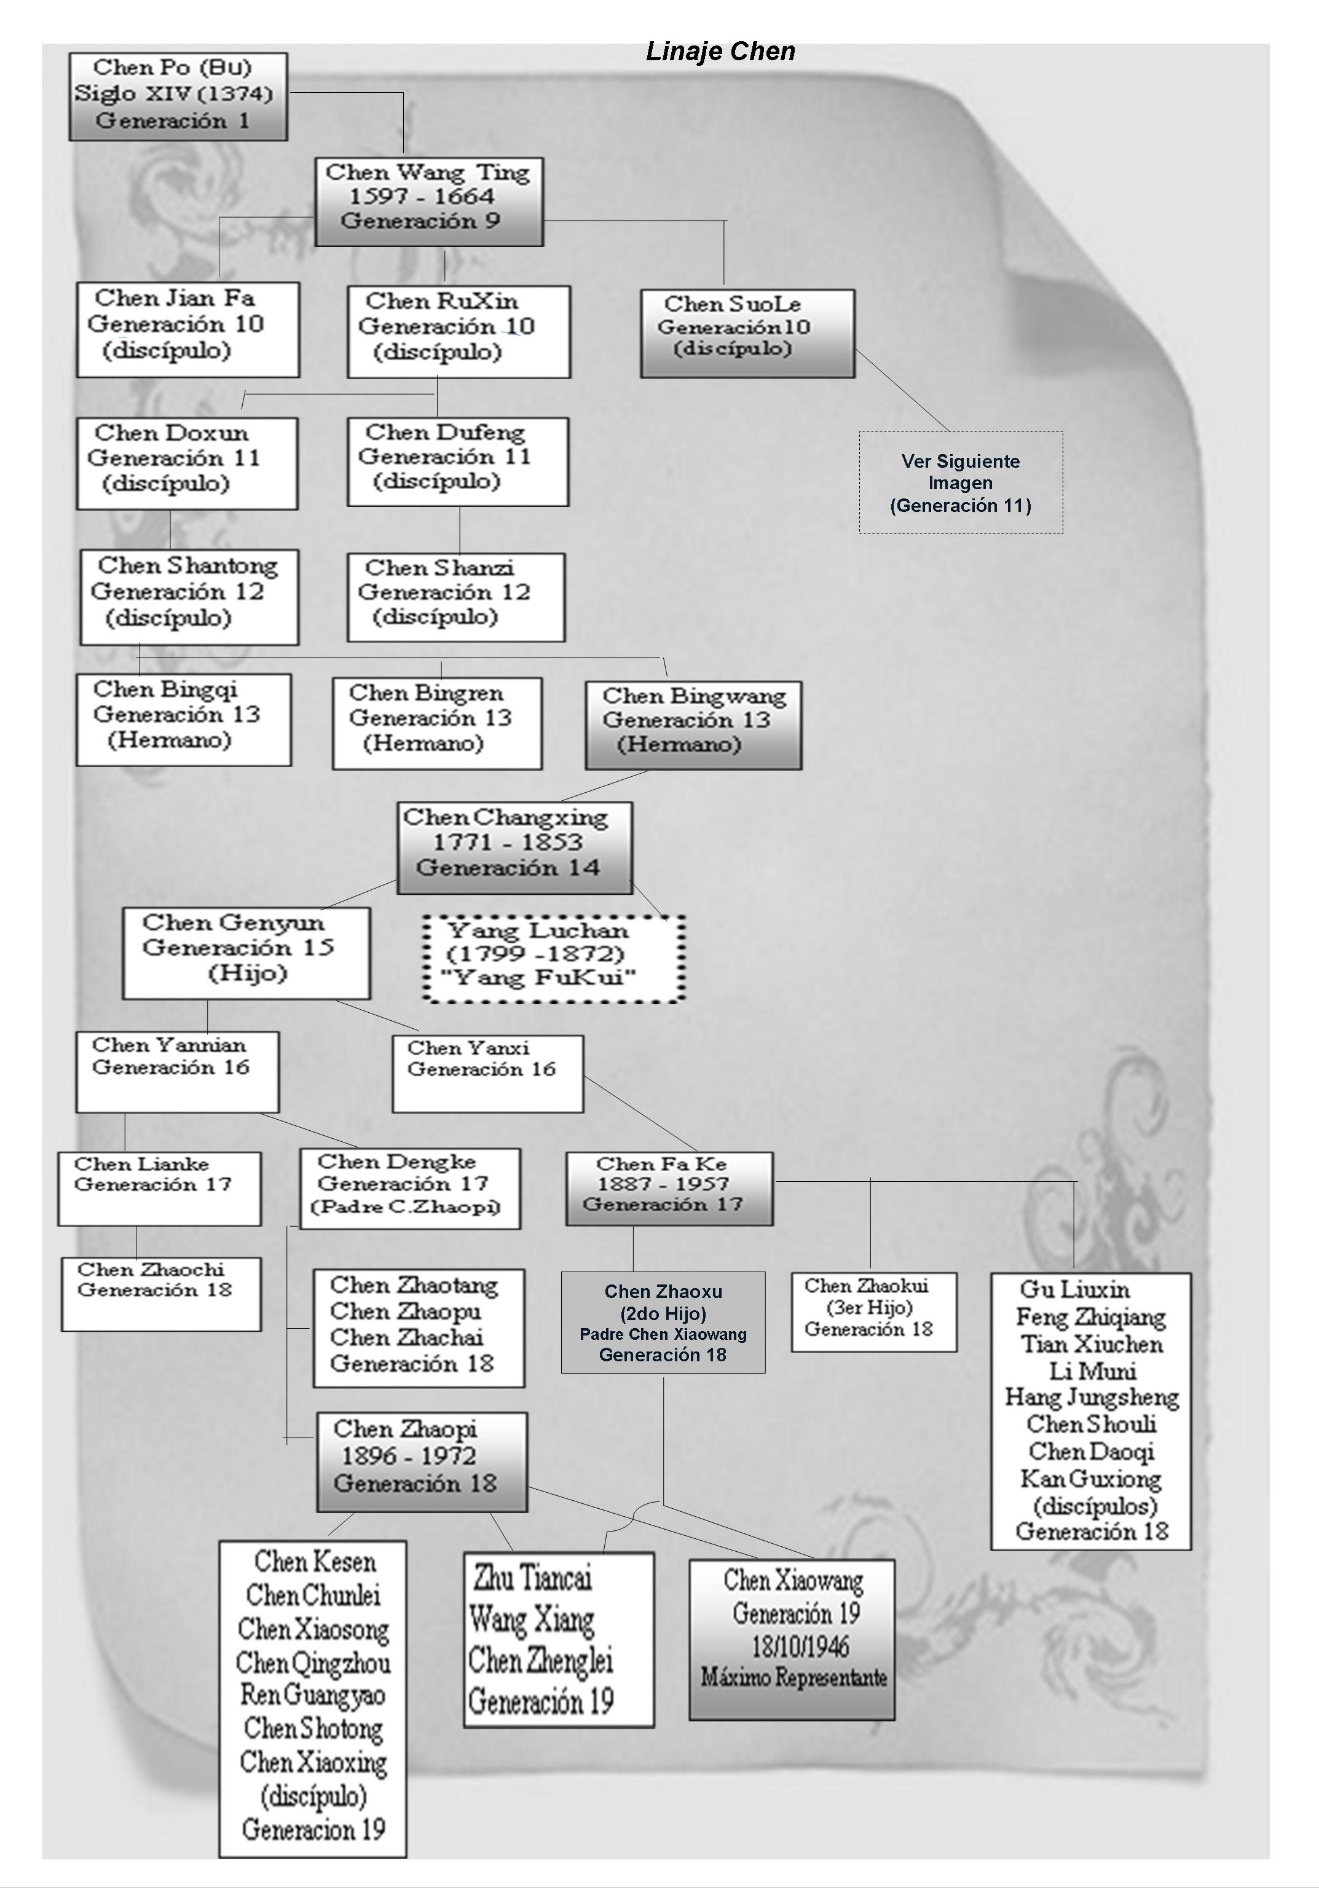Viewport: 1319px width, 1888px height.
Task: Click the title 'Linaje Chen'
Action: point(720,52)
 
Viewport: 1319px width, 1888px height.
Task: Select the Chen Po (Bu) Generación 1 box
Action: point(178,96)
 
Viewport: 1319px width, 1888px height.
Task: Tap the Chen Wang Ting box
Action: point(429,202)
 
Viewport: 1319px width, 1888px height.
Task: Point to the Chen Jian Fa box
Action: point(187,329)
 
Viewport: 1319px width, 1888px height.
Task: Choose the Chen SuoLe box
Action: point(747,333)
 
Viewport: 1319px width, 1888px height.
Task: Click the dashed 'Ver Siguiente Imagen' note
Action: point(961,482)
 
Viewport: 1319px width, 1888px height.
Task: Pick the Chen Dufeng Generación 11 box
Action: point(457,462)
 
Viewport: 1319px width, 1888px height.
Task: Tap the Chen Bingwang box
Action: point(693,725)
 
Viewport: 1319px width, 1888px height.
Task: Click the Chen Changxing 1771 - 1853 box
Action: point(515,847)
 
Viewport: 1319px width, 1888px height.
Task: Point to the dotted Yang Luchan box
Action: point(553,958)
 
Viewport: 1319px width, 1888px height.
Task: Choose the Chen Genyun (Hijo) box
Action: point(246,952)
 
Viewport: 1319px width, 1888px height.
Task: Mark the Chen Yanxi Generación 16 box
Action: point(487,1073)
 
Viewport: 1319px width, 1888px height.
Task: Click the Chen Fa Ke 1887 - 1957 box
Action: point(669,1188)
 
